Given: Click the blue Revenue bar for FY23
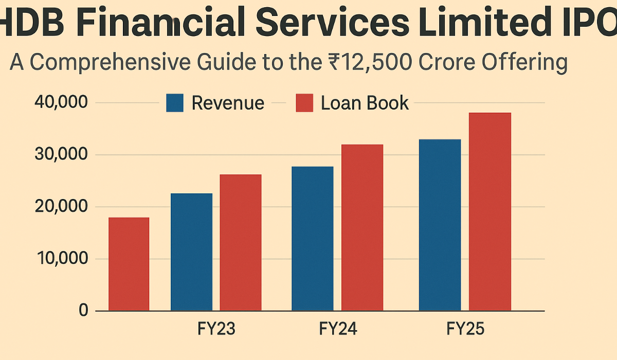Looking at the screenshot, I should (x=191, y=252).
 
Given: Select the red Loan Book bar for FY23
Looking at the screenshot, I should (x=241, y=242).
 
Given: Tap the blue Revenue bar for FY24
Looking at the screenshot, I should (x=312, y=239).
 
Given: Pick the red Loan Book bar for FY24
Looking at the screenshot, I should (x=362, y=227).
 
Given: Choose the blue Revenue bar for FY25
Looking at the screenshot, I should (x=440, y=225).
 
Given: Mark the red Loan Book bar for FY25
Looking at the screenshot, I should (x=489, y=211).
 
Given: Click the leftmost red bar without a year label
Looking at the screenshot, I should (x=129, y=264).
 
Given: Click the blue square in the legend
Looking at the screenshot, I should (x=175, y=103).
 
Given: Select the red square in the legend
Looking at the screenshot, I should (x=304, y=103).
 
